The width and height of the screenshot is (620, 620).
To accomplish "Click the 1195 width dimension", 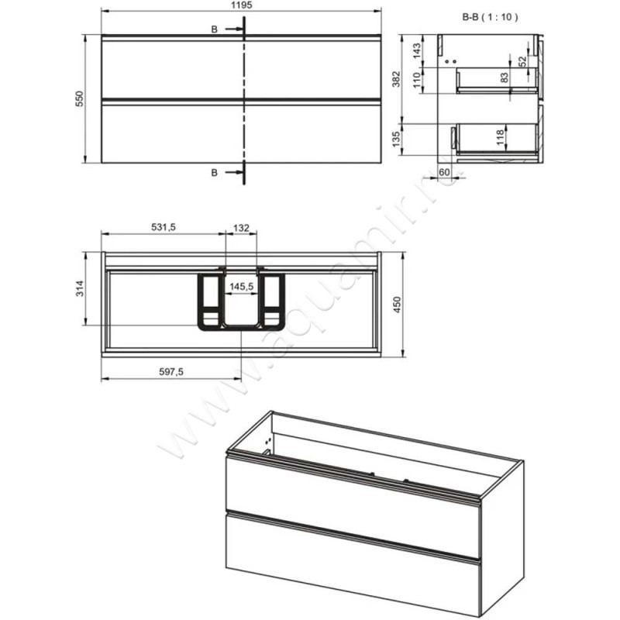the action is pos(241,5).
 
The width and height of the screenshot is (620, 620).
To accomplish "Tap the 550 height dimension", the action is pos(81,99).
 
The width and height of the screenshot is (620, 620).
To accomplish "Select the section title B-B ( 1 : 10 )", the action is pos(490,17).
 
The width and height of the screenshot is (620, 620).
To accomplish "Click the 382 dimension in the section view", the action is pos(397,79).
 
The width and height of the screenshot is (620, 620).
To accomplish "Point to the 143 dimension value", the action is pos(417,50).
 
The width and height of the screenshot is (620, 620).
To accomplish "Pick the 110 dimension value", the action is pos(417,81).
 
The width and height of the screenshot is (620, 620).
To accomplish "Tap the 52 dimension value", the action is pos(522,61).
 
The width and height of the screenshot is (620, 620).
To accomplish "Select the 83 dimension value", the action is pos(505,77).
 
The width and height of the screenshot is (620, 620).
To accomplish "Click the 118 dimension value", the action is pos(501,137).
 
